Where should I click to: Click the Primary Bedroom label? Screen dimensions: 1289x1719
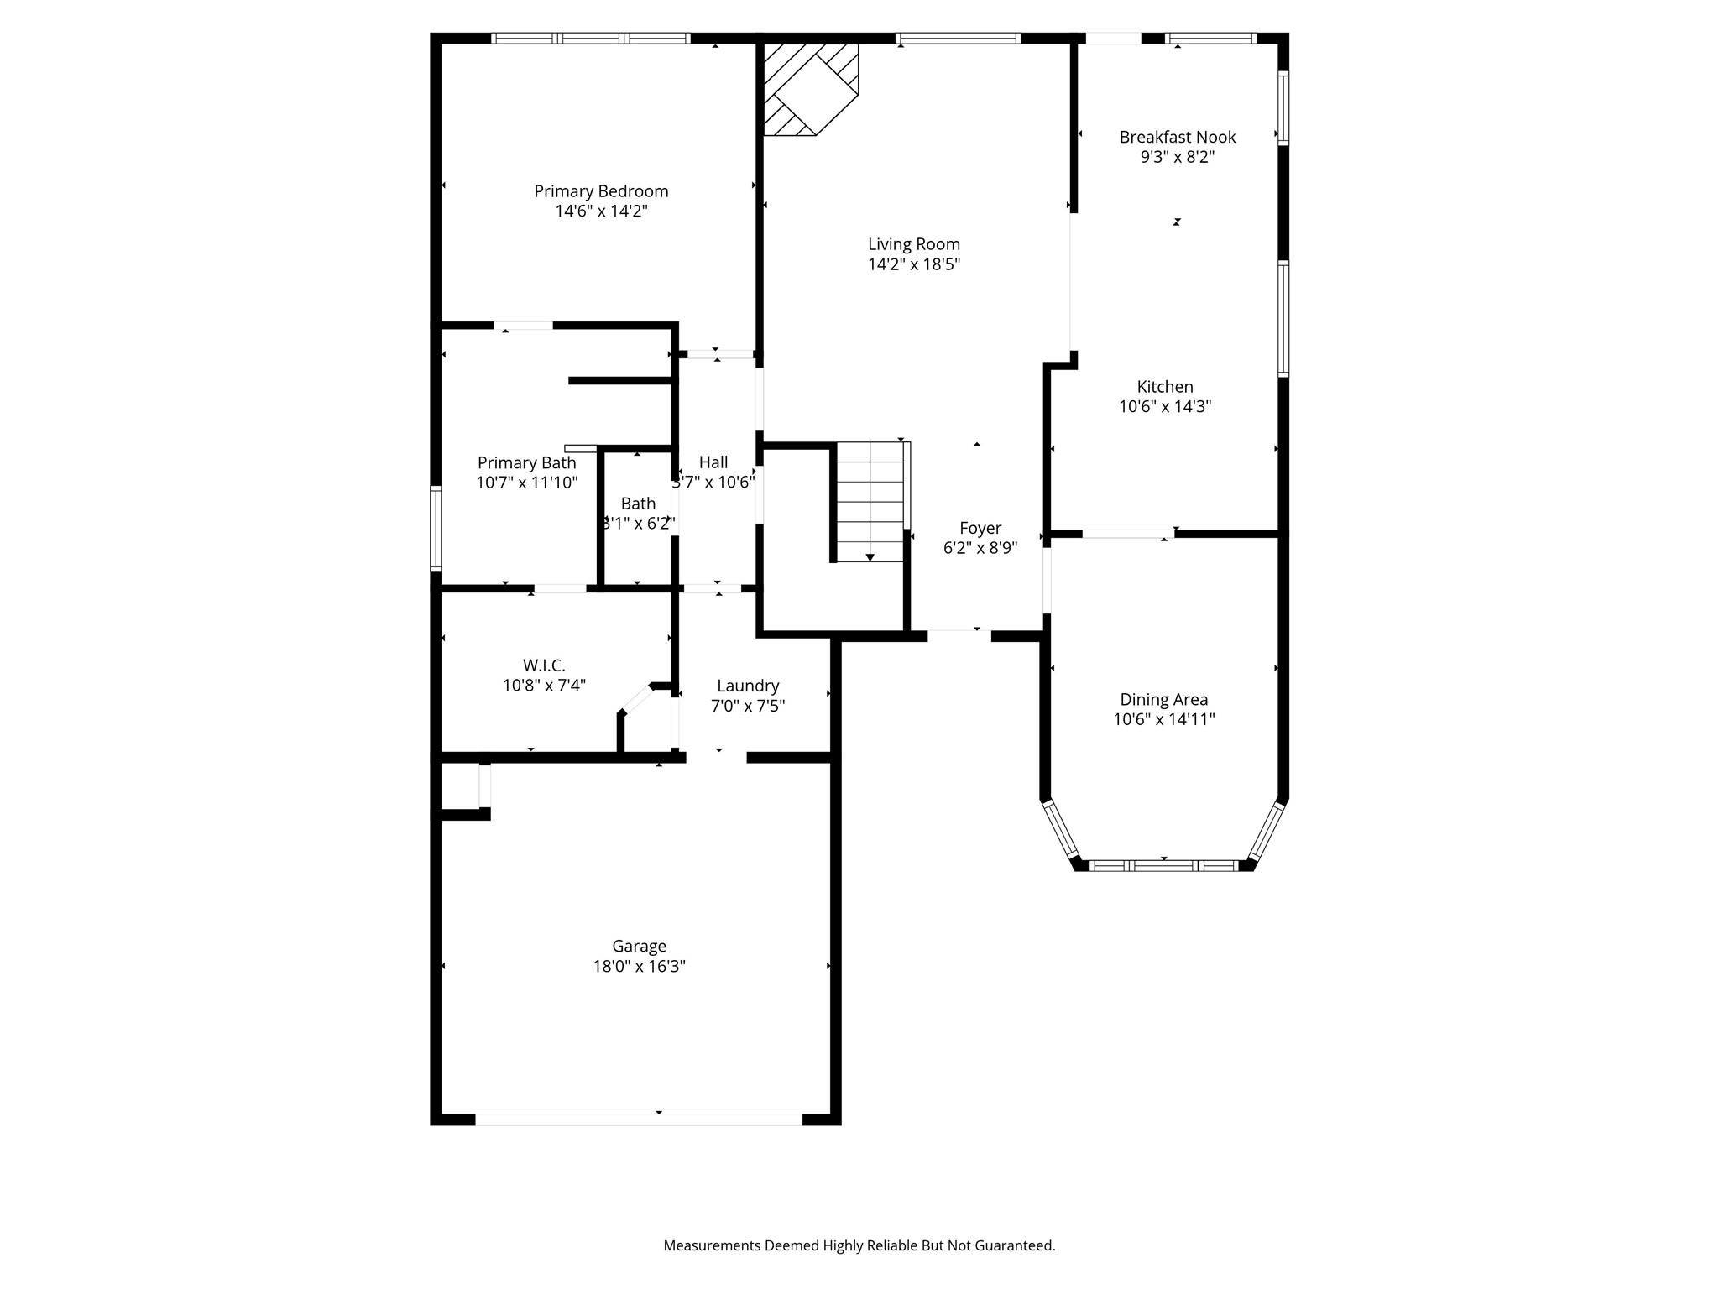601,191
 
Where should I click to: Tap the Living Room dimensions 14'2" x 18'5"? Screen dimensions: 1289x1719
914,264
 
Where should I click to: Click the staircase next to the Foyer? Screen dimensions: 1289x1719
870,502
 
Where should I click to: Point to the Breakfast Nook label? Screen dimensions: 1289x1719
1177,137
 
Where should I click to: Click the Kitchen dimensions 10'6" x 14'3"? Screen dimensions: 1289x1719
1164,407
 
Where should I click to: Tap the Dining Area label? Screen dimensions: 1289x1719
1163,699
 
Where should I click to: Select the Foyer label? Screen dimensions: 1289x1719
980,528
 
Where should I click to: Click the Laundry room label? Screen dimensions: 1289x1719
747,686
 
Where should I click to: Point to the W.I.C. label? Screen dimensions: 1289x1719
544,665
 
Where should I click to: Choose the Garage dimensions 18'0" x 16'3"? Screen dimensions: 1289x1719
639,966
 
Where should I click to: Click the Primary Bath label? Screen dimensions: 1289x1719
526,462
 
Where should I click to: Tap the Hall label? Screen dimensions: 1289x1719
713,462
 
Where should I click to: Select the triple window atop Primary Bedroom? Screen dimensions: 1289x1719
590,38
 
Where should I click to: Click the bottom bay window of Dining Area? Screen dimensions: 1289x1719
1163,865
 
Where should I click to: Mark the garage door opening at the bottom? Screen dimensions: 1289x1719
639,1119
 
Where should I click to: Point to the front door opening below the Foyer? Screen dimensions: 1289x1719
959,635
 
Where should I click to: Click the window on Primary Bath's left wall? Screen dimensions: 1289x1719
436,528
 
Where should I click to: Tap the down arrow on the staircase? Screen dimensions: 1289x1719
870,556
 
